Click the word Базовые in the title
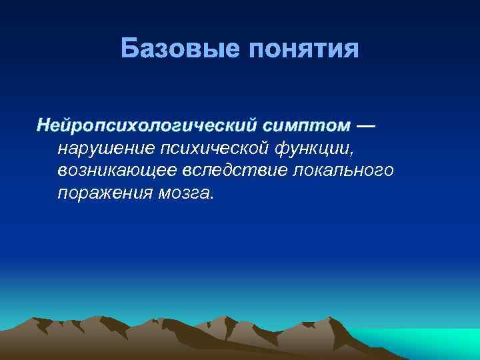(181, 49)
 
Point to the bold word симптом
(305, 125)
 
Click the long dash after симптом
(366, 125)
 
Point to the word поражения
(100, 193)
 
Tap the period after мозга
(212, 198)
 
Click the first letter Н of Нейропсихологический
(43, 125)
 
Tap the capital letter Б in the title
(130, 49)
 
